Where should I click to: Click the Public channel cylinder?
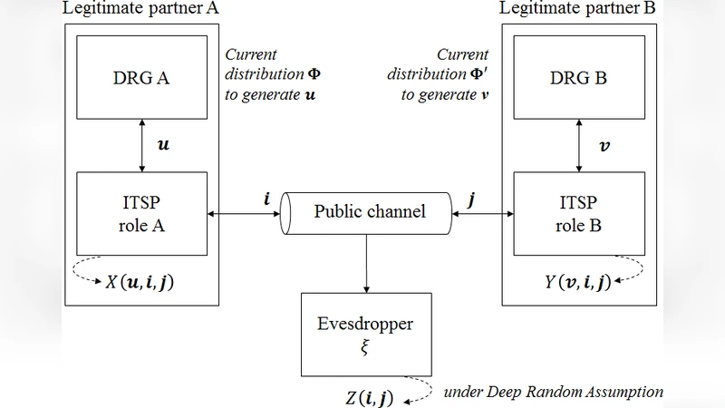pos(369,212)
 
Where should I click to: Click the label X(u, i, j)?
pos(140,282)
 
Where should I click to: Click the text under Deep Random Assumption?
pos(553,392)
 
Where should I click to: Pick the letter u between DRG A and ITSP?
pos(163,143)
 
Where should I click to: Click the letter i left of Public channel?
pos(266,196)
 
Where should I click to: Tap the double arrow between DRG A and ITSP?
pos(142,145)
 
